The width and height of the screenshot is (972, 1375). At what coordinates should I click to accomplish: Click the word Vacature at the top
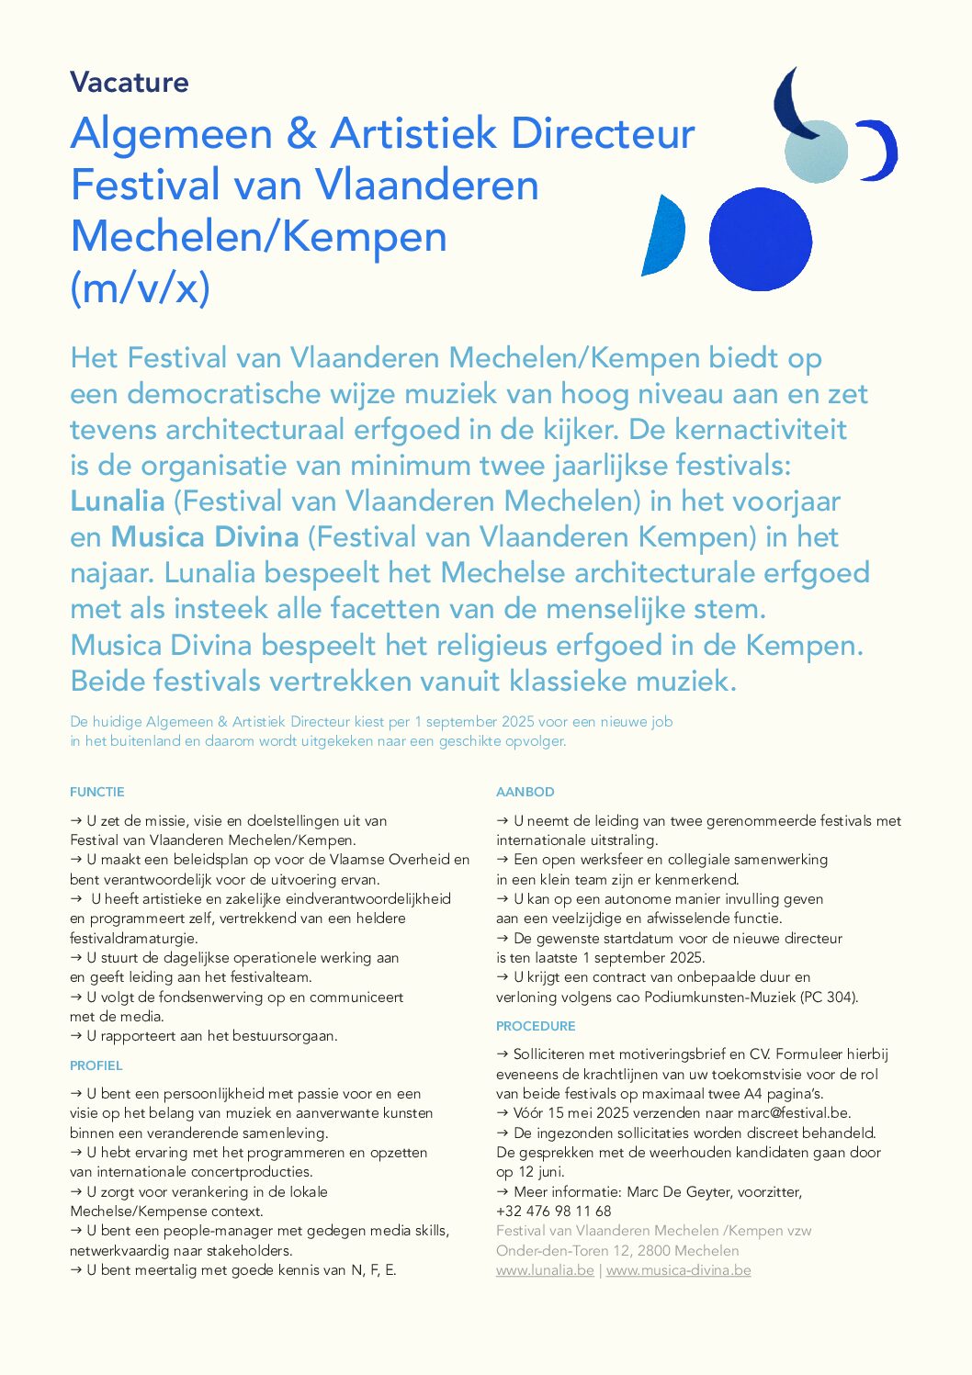point(130,83)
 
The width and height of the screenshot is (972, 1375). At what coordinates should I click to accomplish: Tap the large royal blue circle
point(760,239)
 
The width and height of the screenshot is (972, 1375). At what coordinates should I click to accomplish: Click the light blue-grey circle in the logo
point(816,152)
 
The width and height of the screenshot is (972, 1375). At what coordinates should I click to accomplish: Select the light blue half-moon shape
point(666,236)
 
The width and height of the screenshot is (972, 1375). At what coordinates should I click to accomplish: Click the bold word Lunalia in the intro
point(118,502)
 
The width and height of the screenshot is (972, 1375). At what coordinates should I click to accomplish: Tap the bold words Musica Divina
point(205,537)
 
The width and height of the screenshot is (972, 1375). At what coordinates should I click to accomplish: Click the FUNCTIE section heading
point(97,792)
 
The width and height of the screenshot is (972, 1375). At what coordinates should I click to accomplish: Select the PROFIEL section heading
point(96,1065)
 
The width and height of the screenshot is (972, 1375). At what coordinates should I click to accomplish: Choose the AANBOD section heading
point(526,792)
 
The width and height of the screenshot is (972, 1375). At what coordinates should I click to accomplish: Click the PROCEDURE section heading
point(536,1026)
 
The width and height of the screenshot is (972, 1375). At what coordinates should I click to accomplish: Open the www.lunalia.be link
point(545,1270)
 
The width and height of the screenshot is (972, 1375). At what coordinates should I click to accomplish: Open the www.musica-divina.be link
point(679,1270)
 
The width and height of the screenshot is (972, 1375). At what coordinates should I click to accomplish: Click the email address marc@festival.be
point(794,1113)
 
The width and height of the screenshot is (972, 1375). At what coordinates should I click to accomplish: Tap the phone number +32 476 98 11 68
point(554,1212)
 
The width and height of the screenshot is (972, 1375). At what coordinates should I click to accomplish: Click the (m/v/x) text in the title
point(141,288)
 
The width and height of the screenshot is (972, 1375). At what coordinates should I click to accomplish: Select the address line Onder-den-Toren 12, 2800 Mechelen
point(617,1251)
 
